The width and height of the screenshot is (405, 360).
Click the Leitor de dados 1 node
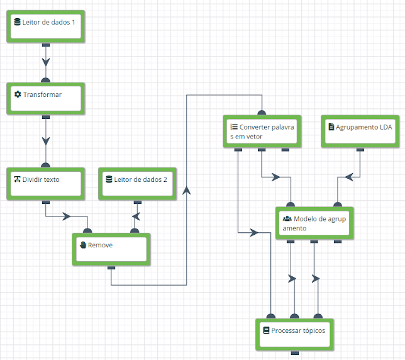coord(46,26)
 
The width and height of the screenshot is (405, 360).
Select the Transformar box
coord(46,98)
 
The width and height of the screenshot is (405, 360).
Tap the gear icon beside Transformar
coord(18,94)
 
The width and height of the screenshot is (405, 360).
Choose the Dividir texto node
coord(46,184)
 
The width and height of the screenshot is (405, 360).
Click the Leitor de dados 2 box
coord(137,184)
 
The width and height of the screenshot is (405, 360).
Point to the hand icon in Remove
coord(83,245)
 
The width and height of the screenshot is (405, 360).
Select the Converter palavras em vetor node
coord(262,132)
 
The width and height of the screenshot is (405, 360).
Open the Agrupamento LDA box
coord(360,132)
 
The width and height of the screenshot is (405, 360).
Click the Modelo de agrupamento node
coord(314,223)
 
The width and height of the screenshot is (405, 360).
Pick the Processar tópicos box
coord(295,335)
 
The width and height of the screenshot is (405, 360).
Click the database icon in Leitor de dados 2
coord(109,179)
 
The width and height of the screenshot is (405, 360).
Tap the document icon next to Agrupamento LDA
coord(331,127)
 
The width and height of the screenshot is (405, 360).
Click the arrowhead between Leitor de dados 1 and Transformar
coord(46,62)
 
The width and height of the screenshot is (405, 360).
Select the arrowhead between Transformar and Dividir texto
coord(46,141)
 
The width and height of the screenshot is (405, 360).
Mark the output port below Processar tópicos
coord(295,353)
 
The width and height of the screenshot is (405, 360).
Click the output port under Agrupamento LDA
coord(360,149)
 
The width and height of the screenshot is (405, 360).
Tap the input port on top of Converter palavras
coord(262,113)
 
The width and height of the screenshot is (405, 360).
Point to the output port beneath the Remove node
coord(111,267)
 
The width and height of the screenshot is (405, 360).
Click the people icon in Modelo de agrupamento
coord(287,218)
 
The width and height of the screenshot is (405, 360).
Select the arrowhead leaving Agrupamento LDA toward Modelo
coord(348,177)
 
